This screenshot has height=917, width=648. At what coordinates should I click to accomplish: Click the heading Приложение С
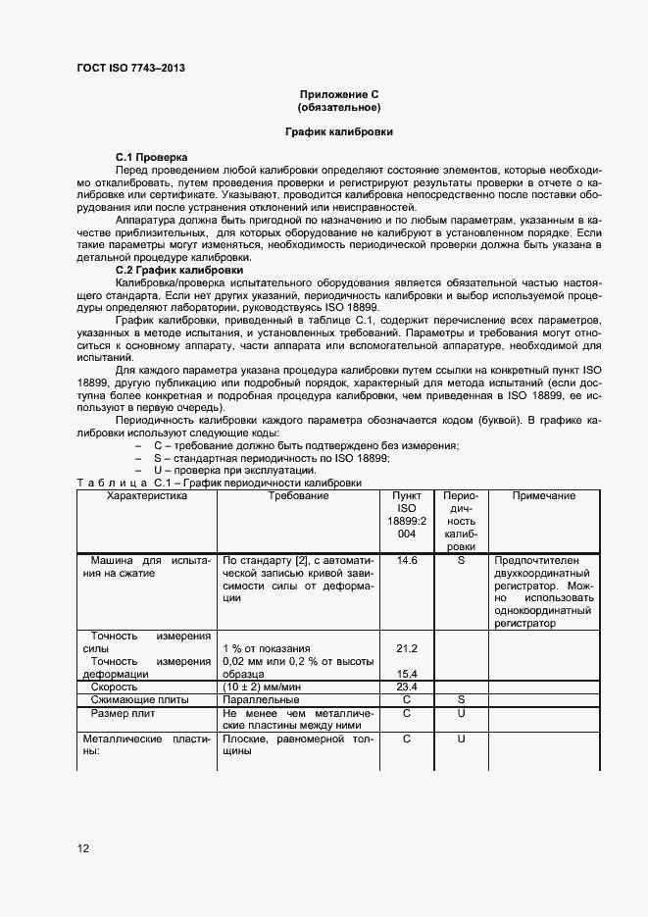coord(338,93)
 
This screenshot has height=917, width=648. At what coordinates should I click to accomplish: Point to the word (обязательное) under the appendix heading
coord(338,106)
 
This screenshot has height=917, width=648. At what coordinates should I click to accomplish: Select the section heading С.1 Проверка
coord(152,157)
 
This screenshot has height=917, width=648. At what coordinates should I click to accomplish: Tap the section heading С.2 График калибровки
coord(179,270)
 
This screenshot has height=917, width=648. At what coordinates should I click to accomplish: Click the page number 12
coord(83,848)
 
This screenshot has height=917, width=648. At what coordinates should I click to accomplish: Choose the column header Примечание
coord(543,496)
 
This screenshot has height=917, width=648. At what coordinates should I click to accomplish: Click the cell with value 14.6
coord(406,560)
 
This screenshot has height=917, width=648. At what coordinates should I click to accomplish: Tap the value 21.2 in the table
coord(406,648)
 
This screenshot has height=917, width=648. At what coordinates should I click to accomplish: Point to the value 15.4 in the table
coord(406,674)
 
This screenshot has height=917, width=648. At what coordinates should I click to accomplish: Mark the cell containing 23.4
coord(406,687)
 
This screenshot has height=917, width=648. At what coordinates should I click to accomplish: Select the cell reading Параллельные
coord(261,700)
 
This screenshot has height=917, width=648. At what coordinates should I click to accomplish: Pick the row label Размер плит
coord(124,713)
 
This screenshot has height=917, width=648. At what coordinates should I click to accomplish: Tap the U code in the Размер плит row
coord(460,713)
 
